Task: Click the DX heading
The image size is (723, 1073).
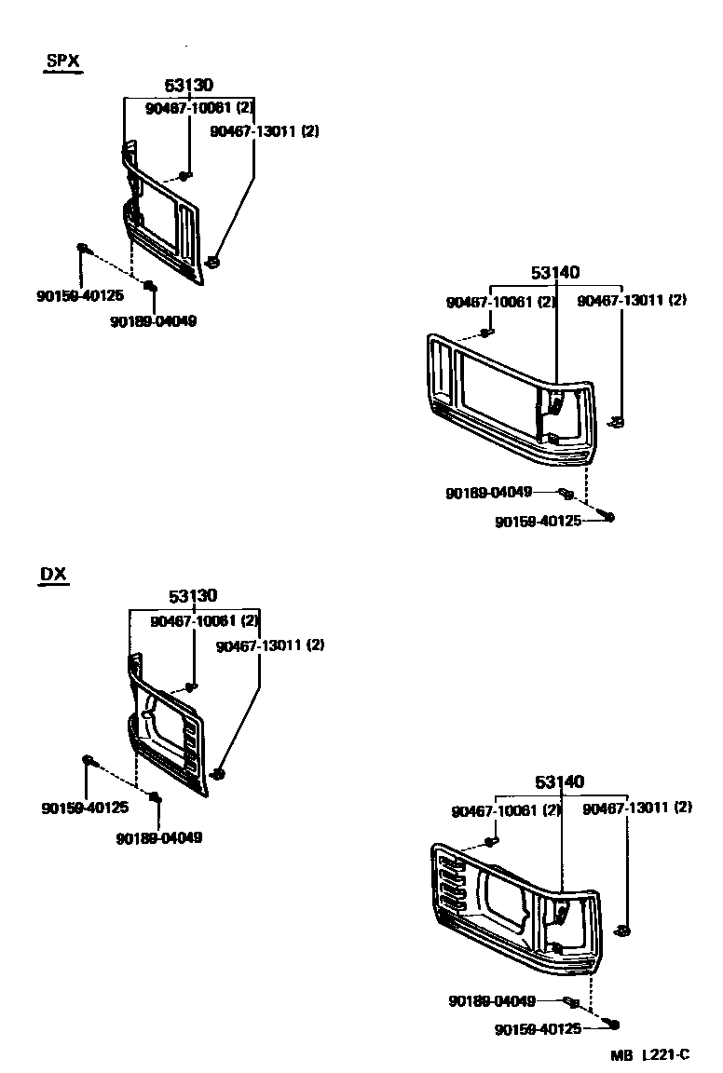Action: pos(53,574)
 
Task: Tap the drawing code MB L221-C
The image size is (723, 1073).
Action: pos(650,1054)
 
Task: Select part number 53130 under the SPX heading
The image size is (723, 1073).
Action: pos(189,86)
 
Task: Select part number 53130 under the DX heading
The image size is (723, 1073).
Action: pos(193,596)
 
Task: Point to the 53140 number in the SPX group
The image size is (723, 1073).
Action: pos(555,273)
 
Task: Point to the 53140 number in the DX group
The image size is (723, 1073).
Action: pos(560,782)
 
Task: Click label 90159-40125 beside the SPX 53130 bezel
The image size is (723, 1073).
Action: pos(80,296)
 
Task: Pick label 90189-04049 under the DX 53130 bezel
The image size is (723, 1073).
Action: pos(159,837)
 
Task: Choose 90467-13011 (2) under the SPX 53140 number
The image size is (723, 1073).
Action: pos(632,301)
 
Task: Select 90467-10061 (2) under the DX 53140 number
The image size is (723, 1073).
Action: pos(506,810)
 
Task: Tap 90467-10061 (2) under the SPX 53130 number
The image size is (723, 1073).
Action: pos(199,109)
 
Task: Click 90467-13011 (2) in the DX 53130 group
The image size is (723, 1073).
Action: pos(269,645)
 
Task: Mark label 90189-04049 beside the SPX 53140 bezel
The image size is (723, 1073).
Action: pos(488,493)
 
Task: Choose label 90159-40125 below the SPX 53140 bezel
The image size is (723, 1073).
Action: pos(538,521)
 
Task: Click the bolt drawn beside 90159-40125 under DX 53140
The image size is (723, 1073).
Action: pos(612,1025)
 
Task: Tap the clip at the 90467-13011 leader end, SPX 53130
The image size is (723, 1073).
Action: pos(213,262)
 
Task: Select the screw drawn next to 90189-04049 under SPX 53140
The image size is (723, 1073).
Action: pos(566,493)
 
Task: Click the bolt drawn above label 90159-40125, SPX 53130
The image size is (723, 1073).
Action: pos(82,248)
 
